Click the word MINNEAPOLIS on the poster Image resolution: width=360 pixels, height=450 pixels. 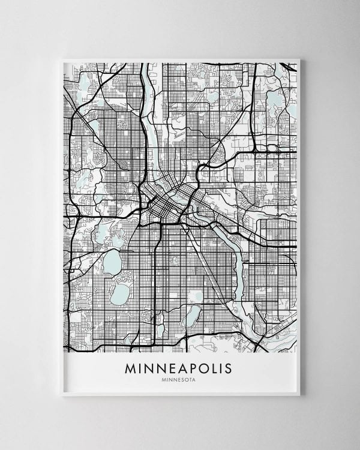(178, 368)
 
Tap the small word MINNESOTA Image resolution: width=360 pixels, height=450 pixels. (178, 379)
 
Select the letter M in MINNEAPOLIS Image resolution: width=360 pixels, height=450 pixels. (131, 368)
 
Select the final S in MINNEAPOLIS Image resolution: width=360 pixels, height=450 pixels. (227, 368)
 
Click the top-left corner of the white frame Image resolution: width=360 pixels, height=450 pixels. (62, 59)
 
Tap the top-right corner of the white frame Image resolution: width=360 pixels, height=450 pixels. (299, 59)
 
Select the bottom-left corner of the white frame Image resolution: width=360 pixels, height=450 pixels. (62, 395)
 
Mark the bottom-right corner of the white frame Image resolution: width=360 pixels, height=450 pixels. (299, 395)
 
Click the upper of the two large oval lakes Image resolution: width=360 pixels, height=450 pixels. (112, 262)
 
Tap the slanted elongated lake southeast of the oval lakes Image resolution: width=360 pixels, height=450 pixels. (192, 315)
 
